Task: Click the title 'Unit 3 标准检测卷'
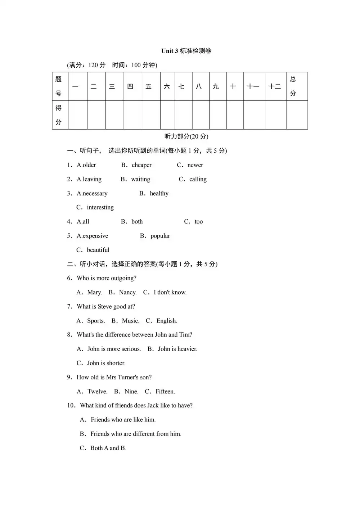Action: pos(186,51)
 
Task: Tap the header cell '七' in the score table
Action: pos(182,86)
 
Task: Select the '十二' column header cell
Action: pos(275,86)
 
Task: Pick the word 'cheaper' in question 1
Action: pos(141,165)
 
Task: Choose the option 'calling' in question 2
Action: pos(198,179)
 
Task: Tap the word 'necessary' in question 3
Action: pos(95,194)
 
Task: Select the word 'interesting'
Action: pos(100,207)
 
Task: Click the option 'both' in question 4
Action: pos(137,222)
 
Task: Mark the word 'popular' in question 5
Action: pos(160,236)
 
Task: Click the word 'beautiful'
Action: pos(98,250)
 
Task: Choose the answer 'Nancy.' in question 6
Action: pos(128,292)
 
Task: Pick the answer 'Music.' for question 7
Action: pos(130,321)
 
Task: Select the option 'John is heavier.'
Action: pos(177,349)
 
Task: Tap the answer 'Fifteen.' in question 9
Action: pos(165,392)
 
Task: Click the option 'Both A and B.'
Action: pos(108,448)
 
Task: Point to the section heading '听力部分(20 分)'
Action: pos(186,136)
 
